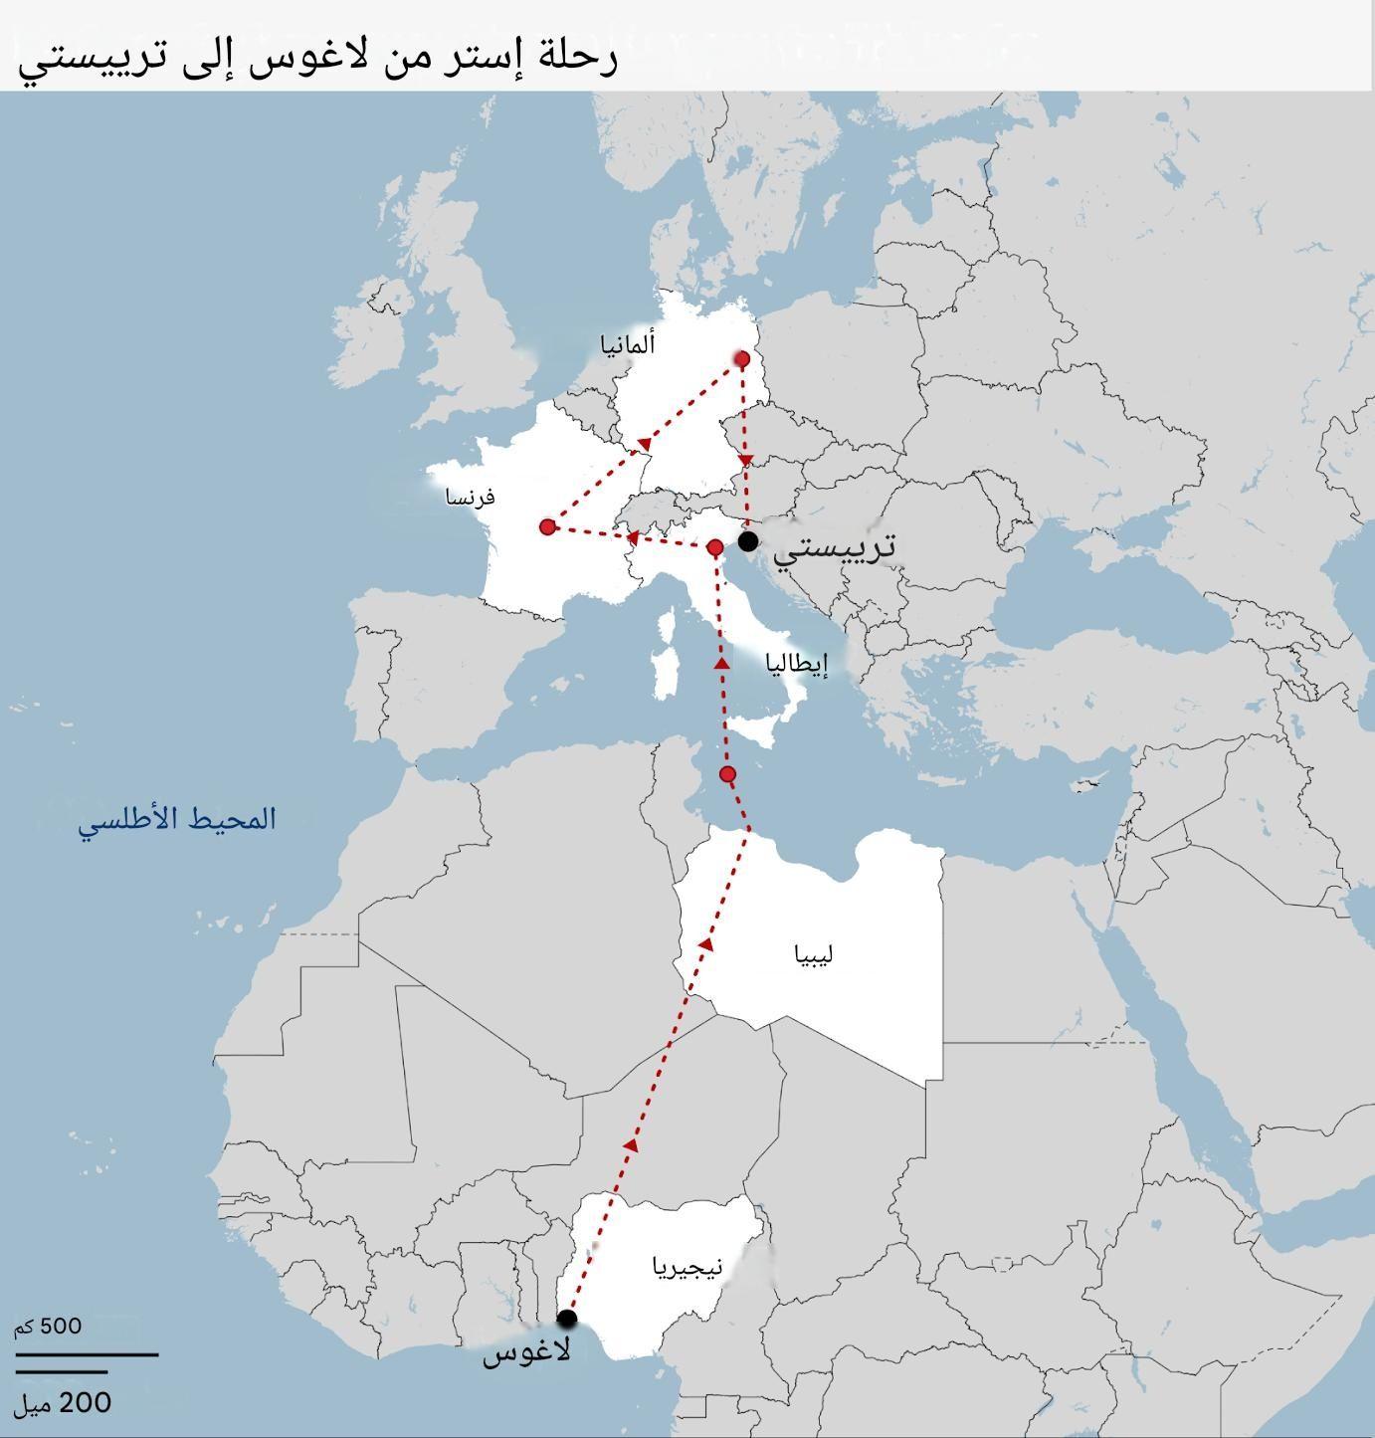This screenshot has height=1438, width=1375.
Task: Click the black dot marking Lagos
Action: (567, 1319)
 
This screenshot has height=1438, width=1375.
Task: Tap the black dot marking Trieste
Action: (748, 540)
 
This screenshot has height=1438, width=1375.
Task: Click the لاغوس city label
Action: (526, 1352)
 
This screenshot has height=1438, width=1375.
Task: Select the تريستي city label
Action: (835, 546)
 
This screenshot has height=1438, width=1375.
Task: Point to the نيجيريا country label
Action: (687, 1267)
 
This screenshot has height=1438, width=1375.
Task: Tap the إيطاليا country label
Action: (797, 664)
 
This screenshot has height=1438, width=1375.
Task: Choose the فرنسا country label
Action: (471, 497)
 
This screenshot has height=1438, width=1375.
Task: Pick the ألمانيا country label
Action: (628, 345)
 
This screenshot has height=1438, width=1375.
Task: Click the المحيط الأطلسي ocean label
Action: (177, 821)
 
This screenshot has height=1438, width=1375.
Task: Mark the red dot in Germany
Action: (741, 358)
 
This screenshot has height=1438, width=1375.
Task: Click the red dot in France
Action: (547, 526)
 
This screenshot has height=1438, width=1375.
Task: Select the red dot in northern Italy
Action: (714, 547)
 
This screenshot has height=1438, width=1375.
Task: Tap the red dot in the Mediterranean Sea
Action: (727, 774)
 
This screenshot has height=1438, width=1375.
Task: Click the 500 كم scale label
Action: (48, 1327)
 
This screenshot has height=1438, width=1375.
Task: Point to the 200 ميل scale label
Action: (62, 1403)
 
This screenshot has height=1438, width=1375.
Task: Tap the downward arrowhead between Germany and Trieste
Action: (747, 461)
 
